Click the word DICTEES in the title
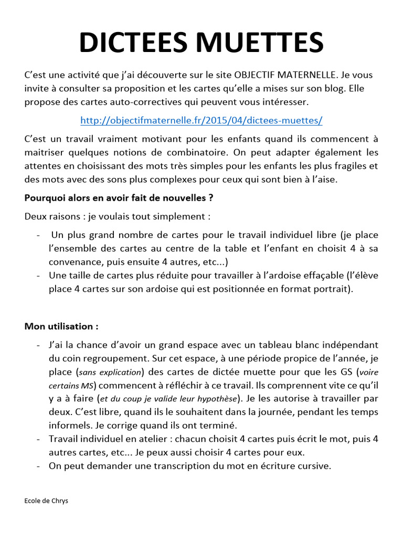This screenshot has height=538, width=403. coord(137,43)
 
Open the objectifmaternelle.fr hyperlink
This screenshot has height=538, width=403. coord(201,120)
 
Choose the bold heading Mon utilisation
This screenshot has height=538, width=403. coord(61,326)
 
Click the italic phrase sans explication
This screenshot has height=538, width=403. coord(111,372)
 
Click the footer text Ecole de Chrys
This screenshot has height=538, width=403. coord(46,501)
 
